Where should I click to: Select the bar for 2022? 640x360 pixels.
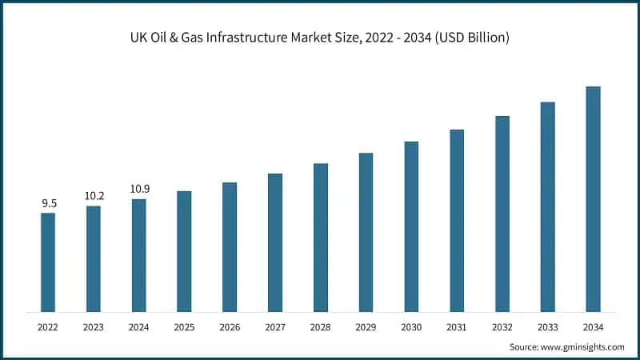[48, 262]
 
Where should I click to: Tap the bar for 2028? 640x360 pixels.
[320, 237]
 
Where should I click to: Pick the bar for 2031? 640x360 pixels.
[457, 220]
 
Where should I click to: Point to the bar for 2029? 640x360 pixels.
[366, 231]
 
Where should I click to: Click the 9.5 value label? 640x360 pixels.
[48, 204]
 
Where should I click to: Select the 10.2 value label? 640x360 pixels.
[94, 196]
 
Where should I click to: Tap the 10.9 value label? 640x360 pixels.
[139, 189]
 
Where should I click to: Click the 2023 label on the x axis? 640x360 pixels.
[94, 326]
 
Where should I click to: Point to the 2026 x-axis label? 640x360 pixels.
[230, 326]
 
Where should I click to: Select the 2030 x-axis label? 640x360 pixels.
[411, 326]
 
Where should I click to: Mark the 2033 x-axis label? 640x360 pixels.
[547, 326]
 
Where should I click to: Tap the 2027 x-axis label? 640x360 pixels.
[275, 326]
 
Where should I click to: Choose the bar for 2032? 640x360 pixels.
[502, 214]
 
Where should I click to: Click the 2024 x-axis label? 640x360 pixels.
[139, 326]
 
